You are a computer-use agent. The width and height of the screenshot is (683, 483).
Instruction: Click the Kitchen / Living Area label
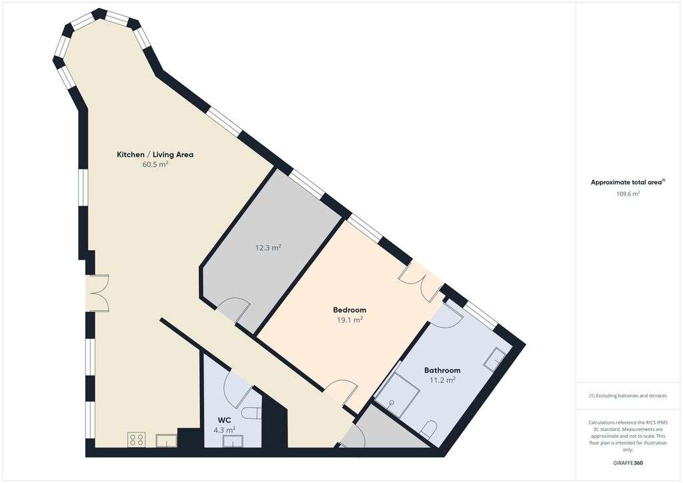point(155,155)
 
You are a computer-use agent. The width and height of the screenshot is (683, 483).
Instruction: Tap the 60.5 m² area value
point(155,164)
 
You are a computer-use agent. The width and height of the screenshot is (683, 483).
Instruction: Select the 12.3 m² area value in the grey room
point(269,248)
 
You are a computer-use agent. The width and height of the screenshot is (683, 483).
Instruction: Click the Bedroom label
point(350,310)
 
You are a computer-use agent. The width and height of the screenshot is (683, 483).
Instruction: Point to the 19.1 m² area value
point(350,320)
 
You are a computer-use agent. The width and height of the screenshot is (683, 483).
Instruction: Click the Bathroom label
point(442,370)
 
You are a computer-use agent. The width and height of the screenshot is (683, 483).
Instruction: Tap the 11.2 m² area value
point(442,380)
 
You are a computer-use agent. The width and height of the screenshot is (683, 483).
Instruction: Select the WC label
point(224,420)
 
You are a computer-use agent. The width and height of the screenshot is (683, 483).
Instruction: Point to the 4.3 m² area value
point(224,430)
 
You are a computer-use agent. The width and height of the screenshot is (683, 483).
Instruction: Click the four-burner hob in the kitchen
point(137,440)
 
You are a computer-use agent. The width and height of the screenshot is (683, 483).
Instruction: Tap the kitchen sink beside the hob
point(165,440)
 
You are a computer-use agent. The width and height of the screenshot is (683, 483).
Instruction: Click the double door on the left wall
point(97,294)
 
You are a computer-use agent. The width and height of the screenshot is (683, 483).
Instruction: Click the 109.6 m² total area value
point(627,194)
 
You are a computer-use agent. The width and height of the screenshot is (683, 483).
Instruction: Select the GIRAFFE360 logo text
point(628,463)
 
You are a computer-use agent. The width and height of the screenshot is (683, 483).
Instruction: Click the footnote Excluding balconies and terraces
point(628,396)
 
